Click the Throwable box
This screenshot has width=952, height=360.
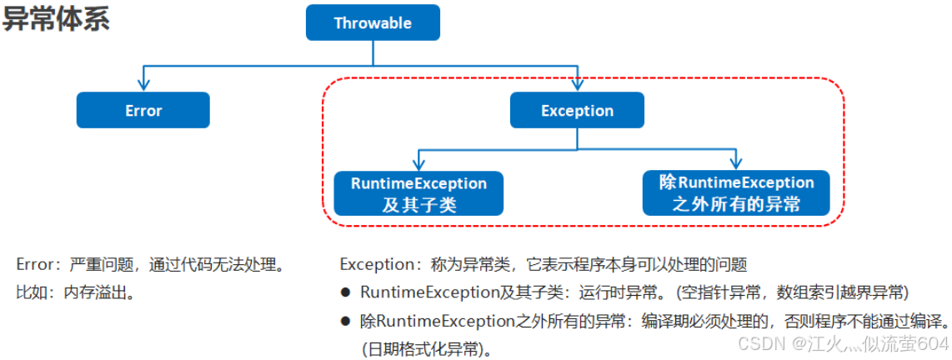[373, 23]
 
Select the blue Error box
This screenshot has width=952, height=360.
[143, 110]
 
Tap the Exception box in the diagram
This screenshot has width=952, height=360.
[577, 110]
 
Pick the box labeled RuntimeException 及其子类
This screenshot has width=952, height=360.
[418, 193]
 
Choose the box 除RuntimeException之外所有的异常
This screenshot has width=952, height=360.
[736, 192]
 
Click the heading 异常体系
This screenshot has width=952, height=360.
[57, 20]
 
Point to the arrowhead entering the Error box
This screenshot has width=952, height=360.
[143, 84]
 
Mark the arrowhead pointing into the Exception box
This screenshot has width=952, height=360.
[577, 84]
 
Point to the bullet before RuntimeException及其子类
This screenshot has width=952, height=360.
[345, 292]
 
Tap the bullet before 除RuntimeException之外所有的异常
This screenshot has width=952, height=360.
[345, 321]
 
